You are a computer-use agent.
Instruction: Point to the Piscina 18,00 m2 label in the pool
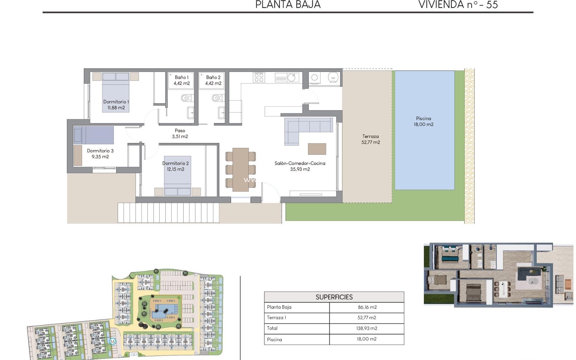[423, 121]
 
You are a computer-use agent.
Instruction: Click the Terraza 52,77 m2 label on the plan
[370, 139]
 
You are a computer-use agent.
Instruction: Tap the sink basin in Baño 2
[221, 113]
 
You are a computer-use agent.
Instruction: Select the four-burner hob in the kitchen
[259, 77]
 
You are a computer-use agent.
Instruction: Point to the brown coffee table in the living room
[317, 149]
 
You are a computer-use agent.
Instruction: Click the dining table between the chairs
[240, 169]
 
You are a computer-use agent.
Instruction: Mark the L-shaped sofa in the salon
[303, 127]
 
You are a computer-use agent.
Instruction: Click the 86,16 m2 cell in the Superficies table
[367, 307]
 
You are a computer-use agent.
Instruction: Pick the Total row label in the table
[272, 328]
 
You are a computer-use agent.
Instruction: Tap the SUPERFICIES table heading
[334, 297]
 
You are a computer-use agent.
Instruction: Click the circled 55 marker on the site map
[112, 341]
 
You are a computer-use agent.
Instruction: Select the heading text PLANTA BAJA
[288, 4]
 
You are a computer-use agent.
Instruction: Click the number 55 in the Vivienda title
[492, 4]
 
